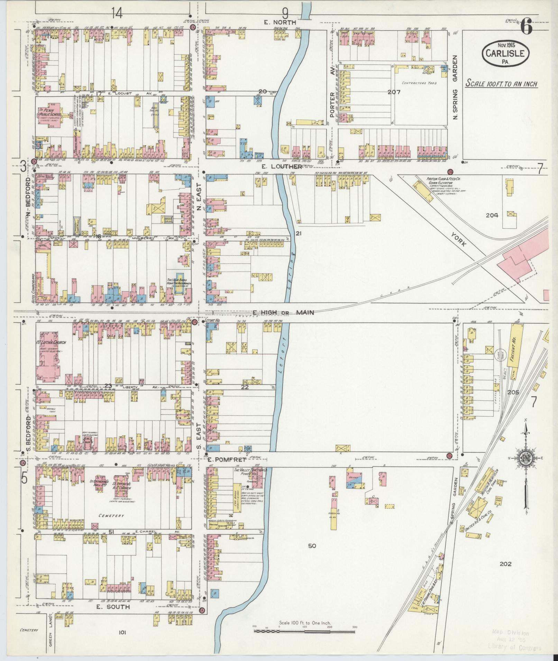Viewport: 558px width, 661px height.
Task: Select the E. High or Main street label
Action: coord(283,313)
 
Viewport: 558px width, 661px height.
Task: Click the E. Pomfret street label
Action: coord(227,460)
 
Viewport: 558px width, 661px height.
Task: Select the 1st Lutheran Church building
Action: coord(48,356)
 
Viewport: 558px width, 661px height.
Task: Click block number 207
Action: coord(394,92)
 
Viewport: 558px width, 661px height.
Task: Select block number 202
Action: coord(505,564)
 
